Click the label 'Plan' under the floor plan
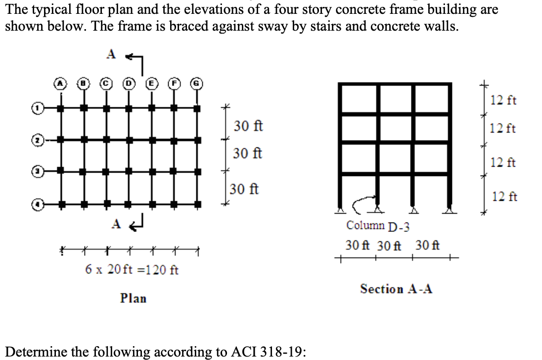[134, 298]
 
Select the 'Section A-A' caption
[396, 289]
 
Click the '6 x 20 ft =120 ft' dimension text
[132, 270]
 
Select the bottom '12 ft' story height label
[504, 197]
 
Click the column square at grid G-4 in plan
[197, 203]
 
